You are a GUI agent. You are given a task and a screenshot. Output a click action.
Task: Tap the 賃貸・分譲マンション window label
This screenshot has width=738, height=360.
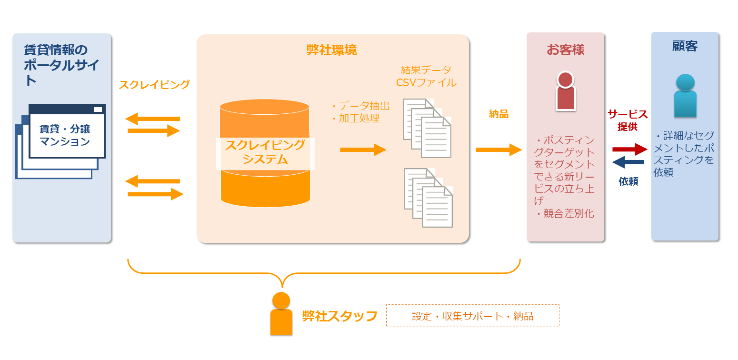click(65, 135)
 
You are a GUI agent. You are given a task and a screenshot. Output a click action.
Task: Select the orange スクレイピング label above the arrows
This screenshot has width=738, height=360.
click(154, 85)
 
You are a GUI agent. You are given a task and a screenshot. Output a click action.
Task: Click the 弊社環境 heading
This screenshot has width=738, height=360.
click(332, 50)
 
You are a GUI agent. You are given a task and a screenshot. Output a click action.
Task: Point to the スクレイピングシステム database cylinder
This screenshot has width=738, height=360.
click(265, 152)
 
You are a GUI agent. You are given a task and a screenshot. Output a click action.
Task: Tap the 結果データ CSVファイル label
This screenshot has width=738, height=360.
click(426, 76)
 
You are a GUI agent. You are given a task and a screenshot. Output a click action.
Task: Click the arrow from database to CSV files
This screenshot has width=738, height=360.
click(363, 150)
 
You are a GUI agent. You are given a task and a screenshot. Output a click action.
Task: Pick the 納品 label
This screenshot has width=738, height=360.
click(499, 114)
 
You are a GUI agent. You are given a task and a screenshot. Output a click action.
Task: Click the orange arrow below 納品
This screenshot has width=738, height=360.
click(499, 150)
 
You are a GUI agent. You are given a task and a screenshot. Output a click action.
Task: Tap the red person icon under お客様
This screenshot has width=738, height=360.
click(565, 91)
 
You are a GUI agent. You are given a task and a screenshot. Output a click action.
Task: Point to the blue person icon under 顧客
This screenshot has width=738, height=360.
click(685, 95)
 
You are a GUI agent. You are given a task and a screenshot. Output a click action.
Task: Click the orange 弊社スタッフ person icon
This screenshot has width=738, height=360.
click(281, 314)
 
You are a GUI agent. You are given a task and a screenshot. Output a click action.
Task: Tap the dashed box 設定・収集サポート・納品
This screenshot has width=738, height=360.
click(472, 316)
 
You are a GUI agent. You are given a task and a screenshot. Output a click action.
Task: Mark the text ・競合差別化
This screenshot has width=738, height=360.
click(565, 214)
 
